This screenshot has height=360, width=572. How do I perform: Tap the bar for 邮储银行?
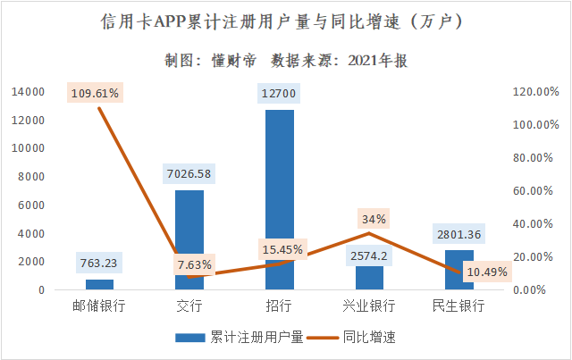tap(99, 285)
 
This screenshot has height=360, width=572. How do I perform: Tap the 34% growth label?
tap(374, 219)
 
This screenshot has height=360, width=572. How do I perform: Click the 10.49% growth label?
tap(487, 272)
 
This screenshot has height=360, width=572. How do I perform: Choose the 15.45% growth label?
tap(283, 249)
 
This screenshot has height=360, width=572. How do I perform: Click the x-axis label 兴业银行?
tap(368, 306)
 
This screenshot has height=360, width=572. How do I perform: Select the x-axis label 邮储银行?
tap(99, 306)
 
